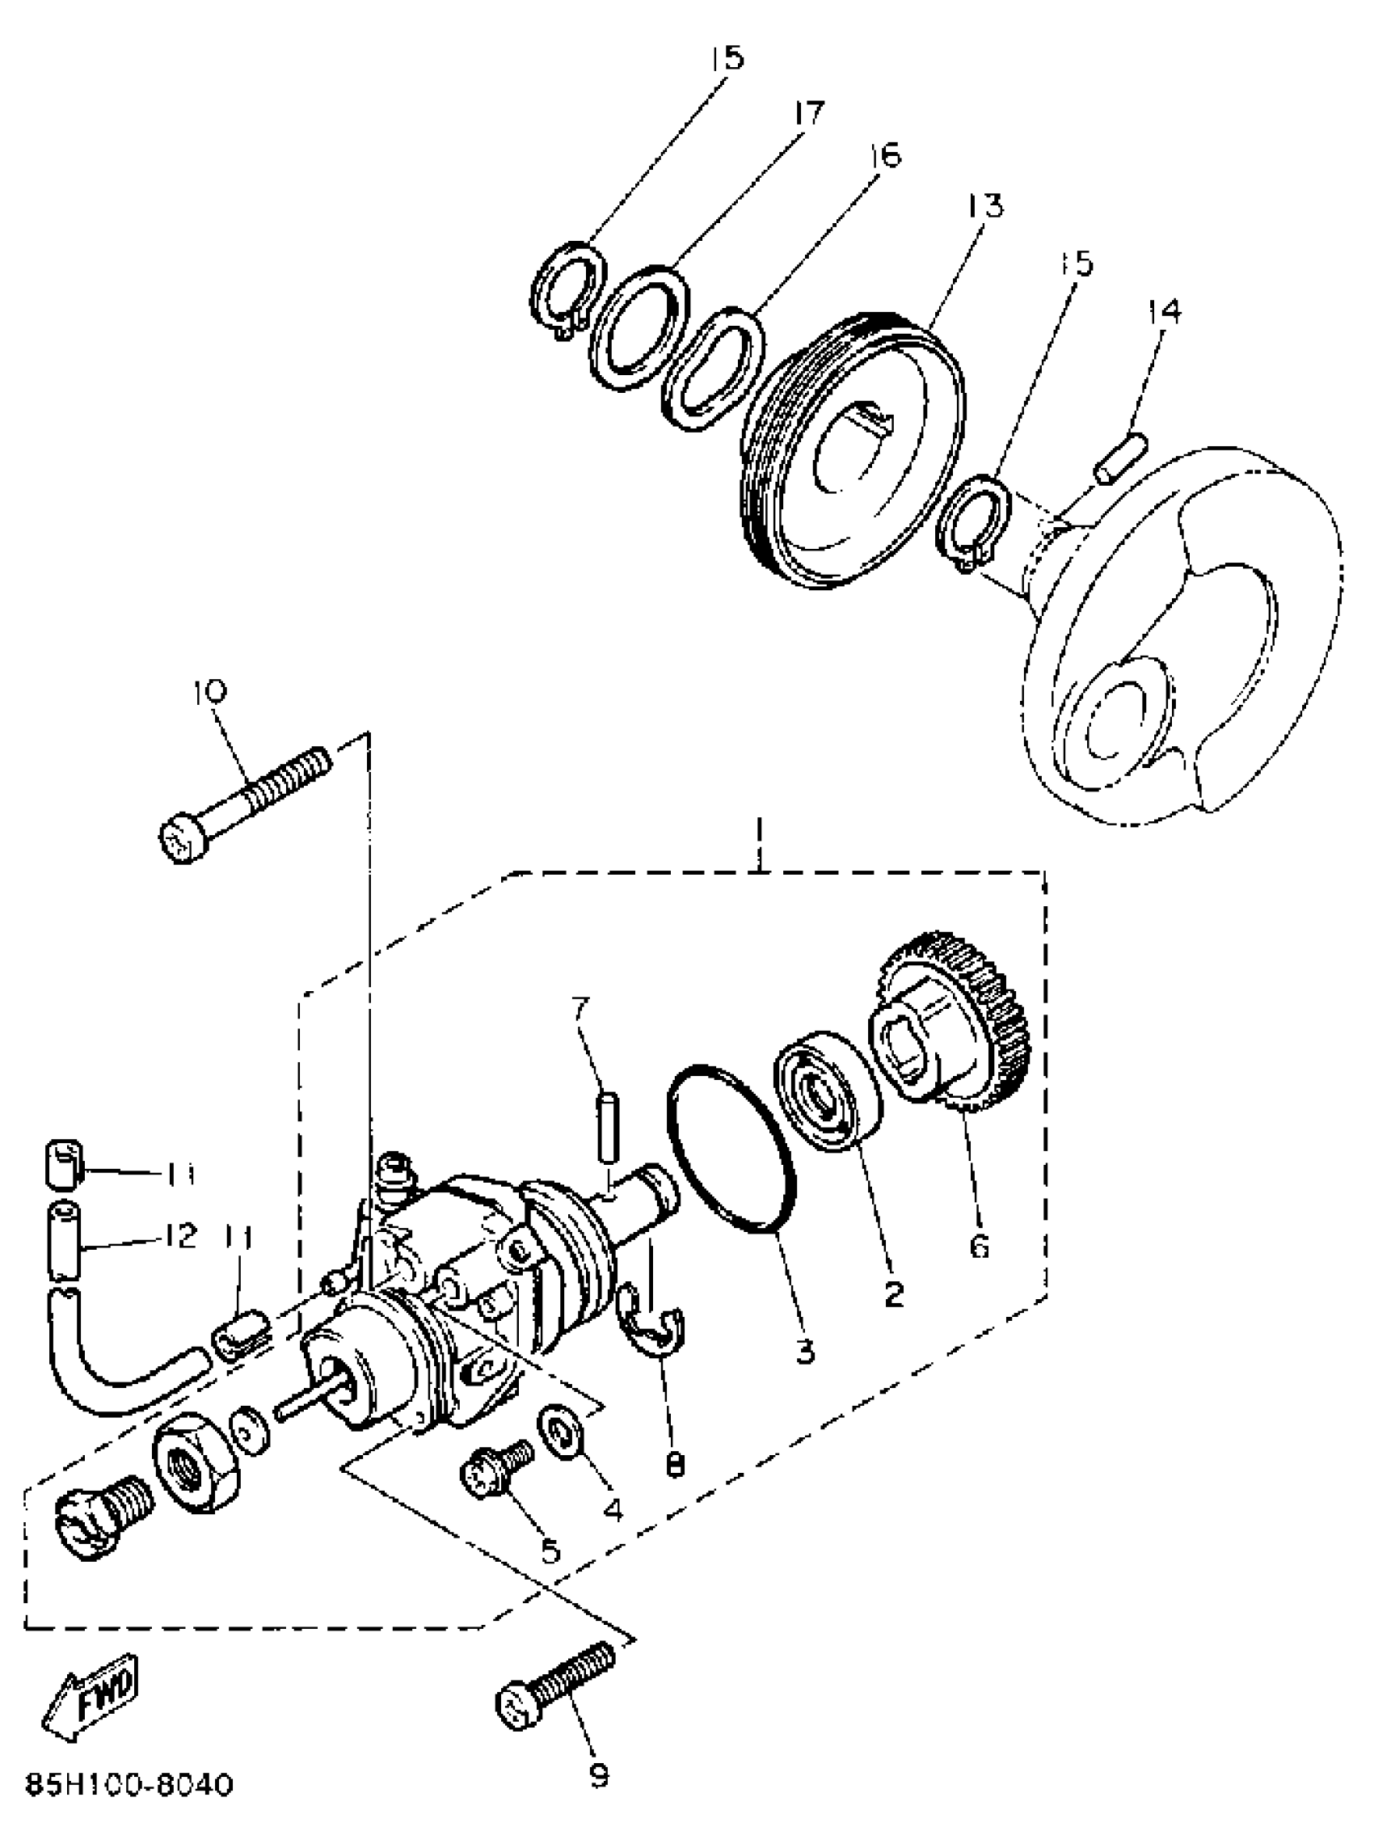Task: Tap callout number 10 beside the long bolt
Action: point(210,691)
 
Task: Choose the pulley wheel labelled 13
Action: point(853,454)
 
